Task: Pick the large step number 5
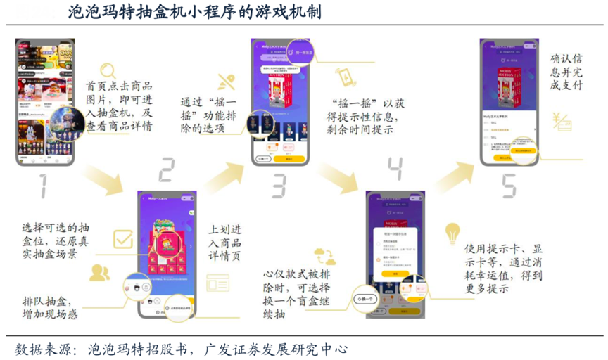(508, 184)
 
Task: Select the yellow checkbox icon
(123, 240)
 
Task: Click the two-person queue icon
(99, 271)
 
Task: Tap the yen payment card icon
(562, 122)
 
